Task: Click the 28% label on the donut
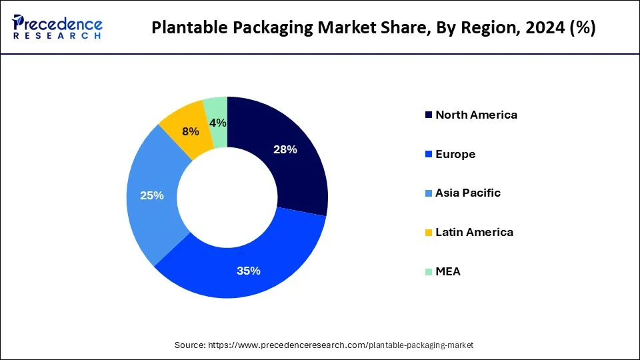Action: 285,150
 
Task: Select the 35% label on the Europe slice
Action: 248,271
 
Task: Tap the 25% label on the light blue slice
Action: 152,196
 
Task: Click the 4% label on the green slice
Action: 217,123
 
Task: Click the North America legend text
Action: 476,115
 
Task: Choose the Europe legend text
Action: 455,154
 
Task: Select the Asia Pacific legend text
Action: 468,193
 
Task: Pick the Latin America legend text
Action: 474,232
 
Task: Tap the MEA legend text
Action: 448,271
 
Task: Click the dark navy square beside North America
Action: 427,115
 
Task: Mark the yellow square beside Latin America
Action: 427,233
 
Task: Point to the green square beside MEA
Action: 427,272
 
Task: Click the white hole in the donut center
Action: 227,197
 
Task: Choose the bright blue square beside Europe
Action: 427,155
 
